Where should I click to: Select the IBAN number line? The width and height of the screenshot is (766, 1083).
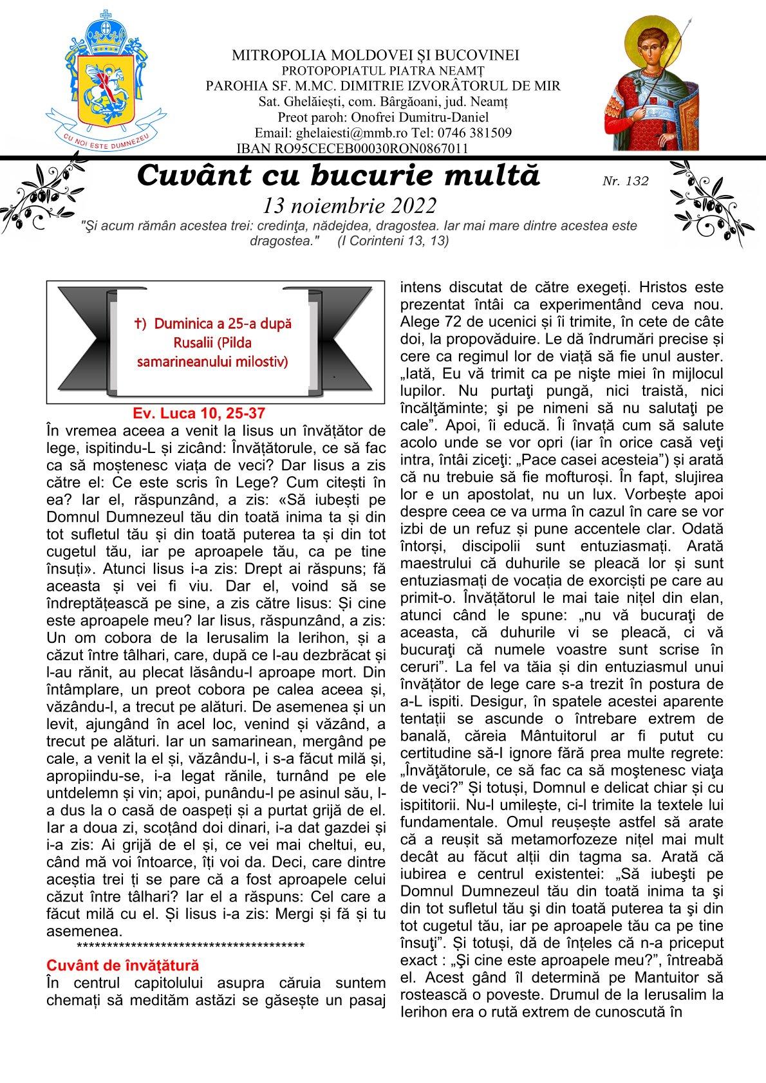tap(352, 149)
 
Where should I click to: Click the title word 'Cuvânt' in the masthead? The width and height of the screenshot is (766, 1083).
tap(193, 175)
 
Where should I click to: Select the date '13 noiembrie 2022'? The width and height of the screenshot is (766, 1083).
tap(350, 205)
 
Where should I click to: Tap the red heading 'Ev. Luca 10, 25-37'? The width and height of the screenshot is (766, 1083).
tap(199, 412)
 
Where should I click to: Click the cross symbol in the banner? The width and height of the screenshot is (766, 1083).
tap(137, 324)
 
